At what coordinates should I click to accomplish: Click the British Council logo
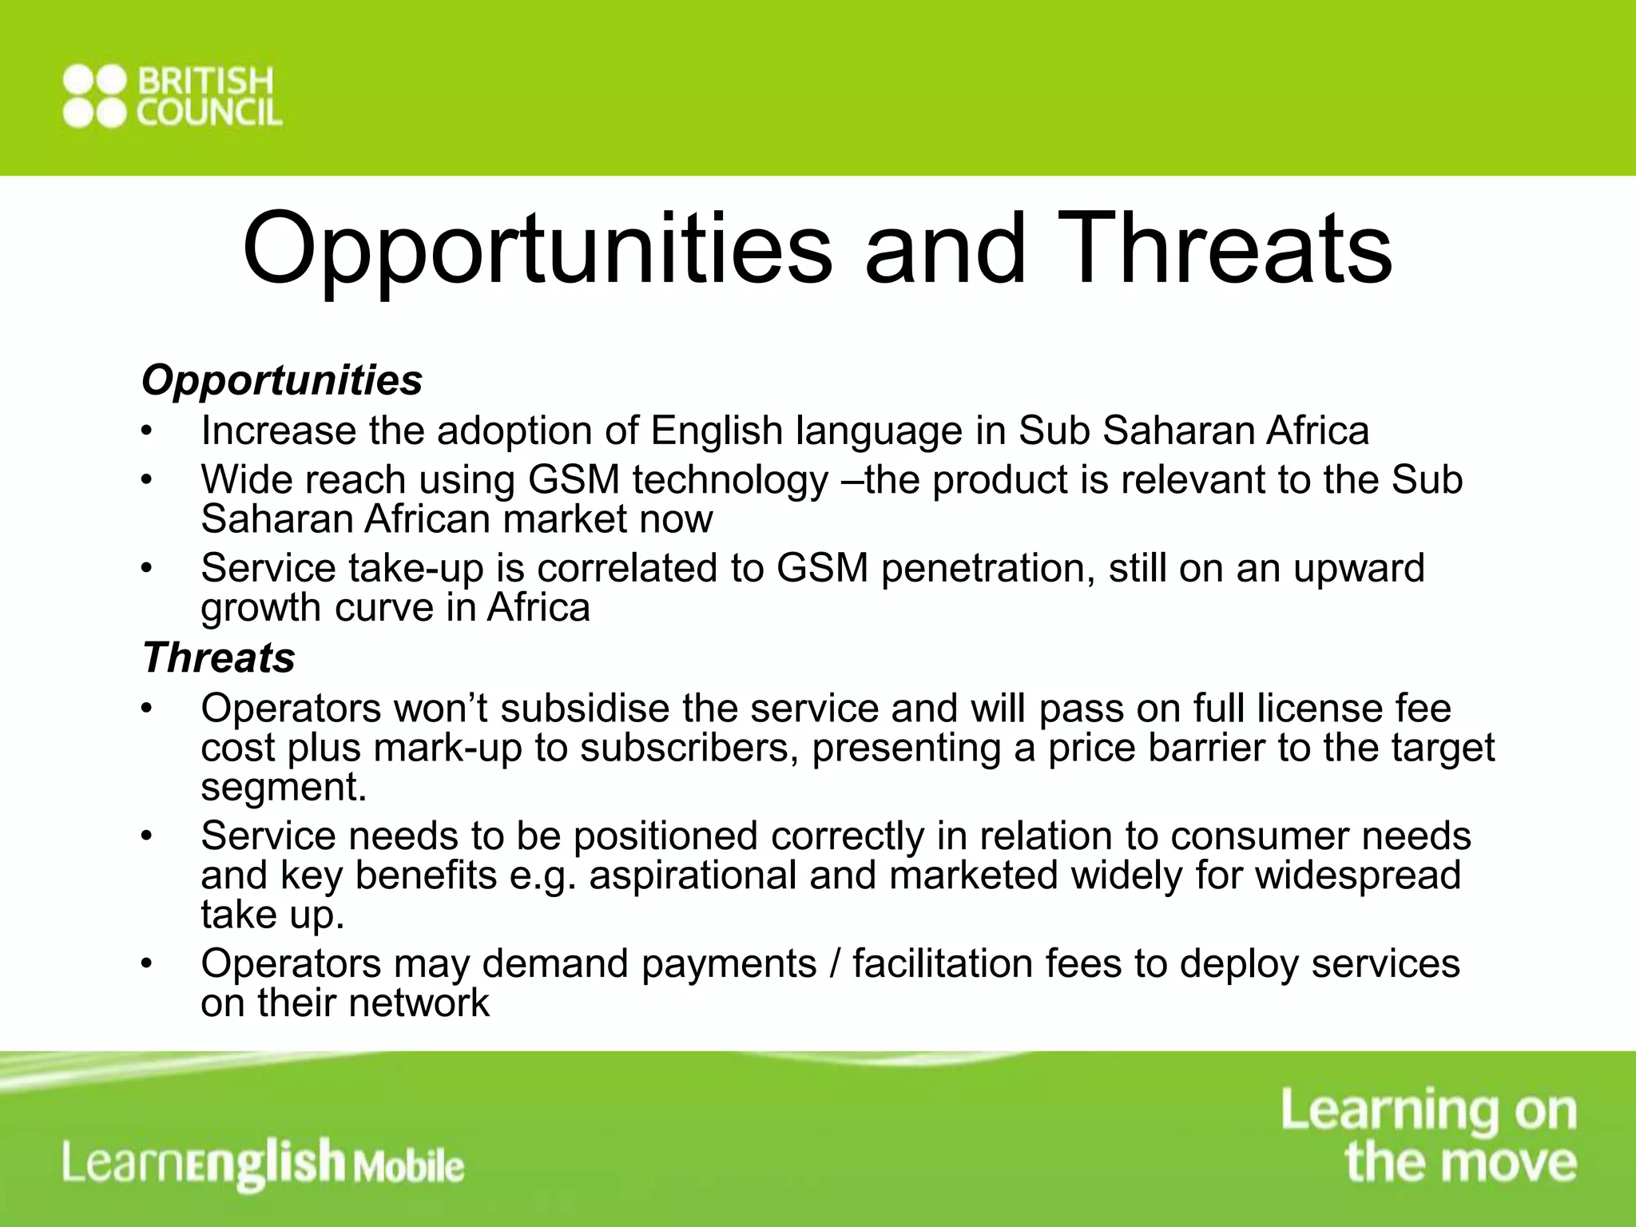point(172,97)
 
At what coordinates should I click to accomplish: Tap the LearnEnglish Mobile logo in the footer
point(264,1163)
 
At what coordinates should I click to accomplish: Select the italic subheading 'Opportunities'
point(282,380)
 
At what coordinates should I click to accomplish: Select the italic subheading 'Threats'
point(219,658)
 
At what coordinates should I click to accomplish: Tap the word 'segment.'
point(284,788)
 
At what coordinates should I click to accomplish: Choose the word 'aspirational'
point(693,875)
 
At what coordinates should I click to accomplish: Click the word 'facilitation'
point(943,963)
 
